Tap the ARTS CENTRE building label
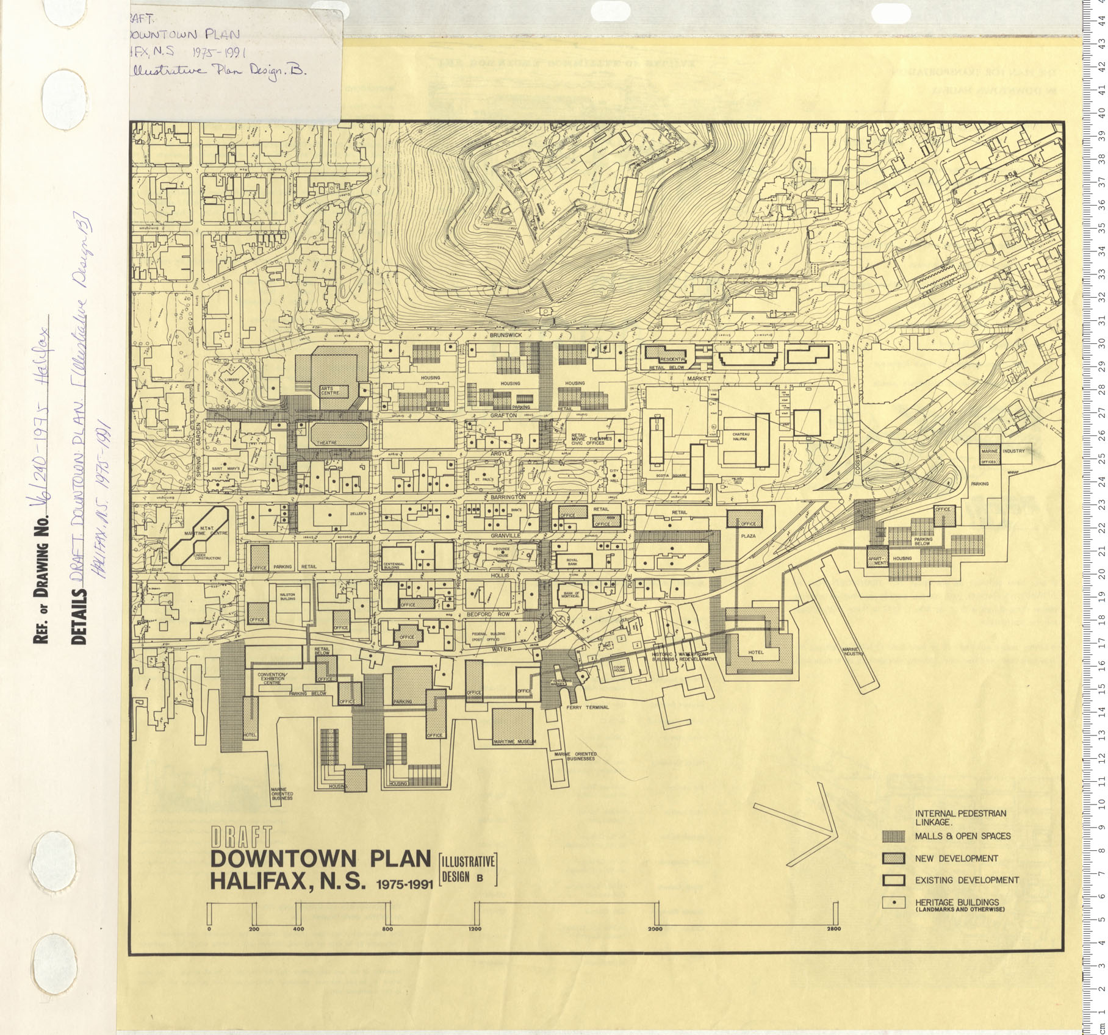click(328, 390)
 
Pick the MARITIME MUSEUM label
click(514, 741)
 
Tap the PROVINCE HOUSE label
click(502, 552)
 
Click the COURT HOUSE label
click(620, 668)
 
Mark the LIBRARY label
click(232, 380)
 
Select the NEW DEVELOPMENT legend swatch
click(893, 858)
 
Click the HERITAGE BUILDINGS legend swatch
click(893, 903)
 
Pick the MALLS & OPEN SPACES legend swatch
click(893, 836)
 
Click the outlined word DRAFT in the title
click(240, 836)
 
